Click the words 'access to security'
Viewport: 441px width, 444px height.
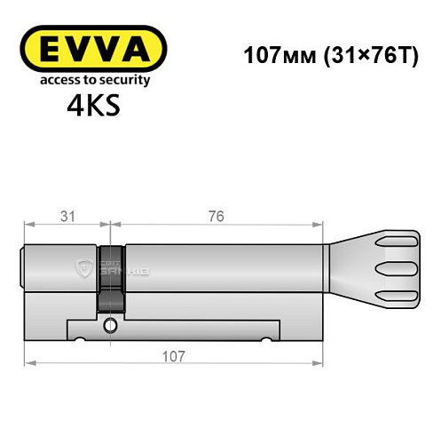(x=93, y=80)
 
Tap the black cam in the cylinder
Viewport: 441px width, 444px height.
(x=110, y=275)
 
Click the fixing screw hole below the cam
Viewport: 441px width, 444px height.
(x=110, y=325)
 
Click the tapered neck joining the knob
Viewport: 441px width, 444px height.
(x=349, y=266)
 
